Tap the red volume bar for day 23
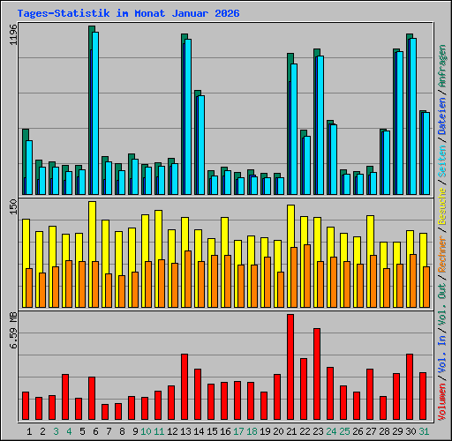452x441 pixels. [x=317, y=374]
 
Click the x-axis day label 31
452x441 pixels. [x=424, y=431]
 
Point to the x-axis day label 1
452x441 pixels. [x=30, y=431]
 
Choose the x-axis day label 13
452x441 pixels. [x=185, y=431]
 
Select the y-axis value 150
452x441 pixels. [x=12, y=207]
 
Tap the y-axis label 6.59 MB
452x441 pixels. [x=12, y=333]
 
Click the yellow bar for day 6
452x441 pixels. [x=92, y=231]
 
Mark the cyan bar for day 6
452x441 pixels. [x=94, y=113]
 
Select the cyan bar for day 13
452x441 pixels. [x=187, y=116]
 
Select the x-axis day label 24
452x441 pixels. [x=331, y=431]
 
